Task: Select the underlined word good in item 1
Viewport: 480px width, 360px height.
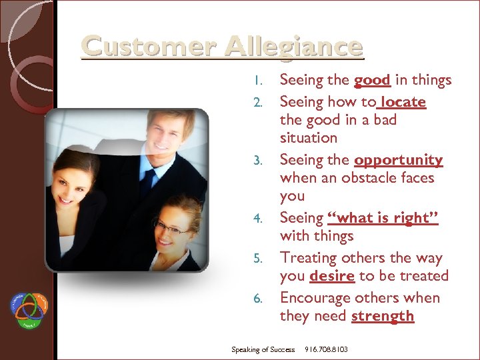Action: pyautogui.click(x=372, y=80)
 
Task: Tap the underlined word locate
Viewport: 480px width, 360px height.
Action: pyautogui.click(x=403, y=102)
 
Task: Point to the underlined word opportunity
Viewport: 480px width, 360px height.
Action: pyautogui.click(x=398, y=160)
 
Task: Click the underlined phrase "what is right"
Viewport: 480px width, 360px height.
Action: pyautogui.click(x=383, y=218)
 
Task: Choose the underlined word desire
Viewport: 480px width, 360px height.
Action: pyautogui.click(x=332, y=276)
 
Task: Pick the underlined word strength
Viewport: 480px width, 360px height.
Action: pyautogui.click(x=383, y=316)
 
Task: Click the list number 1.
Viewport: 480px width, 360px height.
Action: pyautogui.click(x=260, y=81)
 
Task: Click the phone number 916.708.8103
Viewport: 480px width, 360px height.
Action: pyautogui.click(x=326, y=349)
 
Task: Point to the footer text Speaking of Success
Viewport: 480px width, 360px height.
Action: pyautogui.click(x=263, y=349)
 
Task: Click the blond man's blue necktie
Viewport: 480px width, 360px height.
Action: pyautogui.click(x=147, y=181)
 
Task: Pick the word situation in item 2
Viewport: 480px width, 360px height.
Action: pyautogui.click(x=308, y=138)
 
